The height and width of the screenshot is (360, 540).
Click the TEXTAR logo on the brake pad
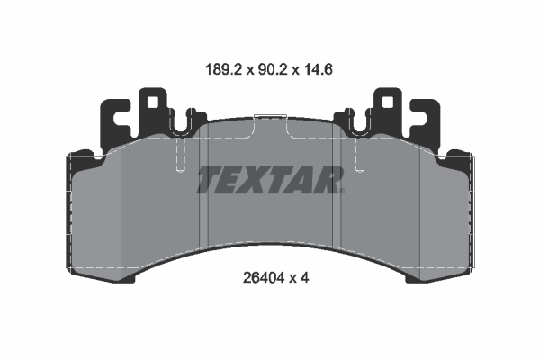click(x=270, y=180)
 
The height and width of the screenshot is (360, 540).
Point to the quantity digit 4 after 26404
click(x=306, y=278)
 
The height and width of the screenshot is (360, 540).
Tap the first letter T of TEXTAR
click(x=209, y=180)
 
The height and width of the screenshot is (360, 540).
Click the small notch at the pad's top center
click(x=270, y=117)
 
